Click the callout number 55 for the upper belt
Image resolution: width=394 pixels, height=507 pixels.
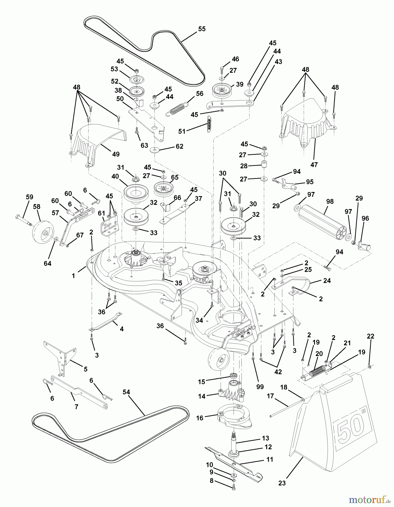(202, 29)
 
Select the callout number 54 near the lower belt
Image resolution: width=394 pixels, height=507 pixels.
(127, 392)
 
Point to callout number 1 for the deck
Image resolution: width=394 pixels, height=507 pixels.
(74, 276)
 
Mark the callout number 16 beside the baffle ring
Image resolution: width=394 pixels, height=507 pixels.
(200, 418)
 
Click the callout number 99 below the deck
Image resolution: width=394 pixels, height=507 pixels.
(260, 387)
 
